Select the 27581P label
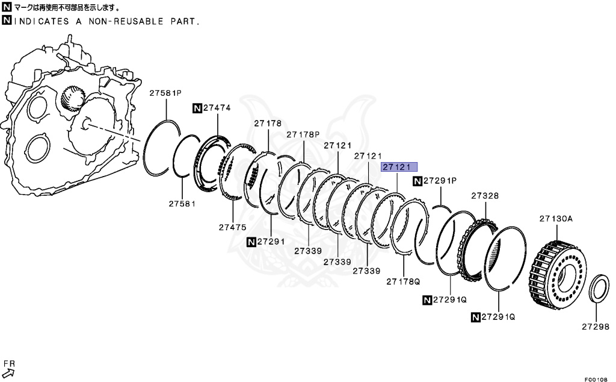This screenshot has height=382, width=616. [x=165, y=93]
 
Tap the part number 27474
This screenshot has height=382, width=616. [x=217, y=108]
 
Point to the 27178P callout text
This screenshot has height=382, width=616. [x=303, y=134]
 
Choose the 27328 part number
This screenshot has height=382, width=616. [x=485, y=196]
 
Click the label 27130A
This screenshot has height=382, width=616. [x=556, y=219]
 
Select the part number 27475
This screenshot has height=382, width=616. [x=233, y=227]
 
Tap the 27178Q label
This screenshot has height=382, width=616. [x=403, y=281]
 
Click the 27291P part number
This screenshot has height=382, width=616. [x=440, y=180]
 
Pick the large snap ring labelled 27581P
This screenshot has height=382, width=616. [x=161, y=148]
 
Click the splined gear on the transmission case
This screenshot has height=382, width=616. [x=73, y=98]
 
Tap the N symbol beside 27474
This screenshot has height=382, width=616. [x=197, y=108]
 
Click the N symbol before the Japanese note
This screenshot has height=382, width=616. [x=6, y=8]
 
